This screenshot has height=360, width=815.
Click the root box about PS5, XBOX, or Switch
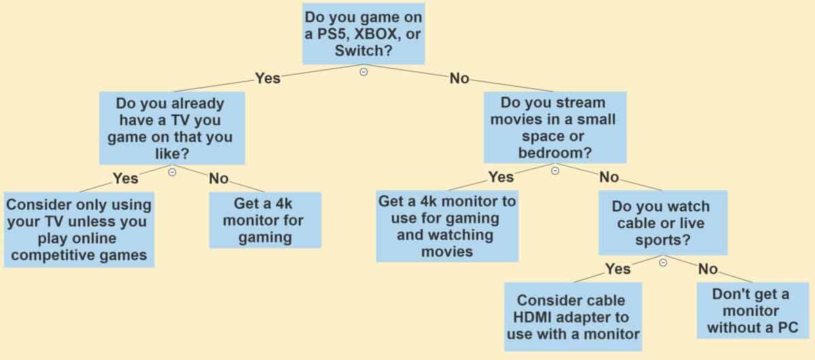coord(363,34)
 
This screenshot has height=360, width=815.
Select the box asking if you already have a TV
coord(172,128)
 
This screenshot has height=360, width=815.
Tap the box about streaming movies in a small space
coord(555,128)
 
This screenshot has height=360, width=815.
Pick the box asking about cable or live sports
coord(663,223)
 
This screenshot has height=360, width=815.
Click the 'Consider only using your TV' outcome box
coord(79,230)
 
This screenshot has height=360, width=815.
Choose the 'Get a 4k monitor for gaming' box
coord(266,220)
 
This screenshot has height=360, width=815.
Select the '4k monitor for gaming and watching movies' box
coord(447,226)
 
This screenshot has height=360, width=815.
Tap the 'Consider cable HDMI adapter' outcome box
coord(573,317)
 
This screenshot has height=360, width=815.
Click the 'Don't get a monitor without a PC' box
coord(753,310)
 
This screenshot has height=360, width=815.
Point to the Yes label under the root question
coord(268,78)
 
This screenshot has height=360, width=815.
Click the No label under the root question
coord(459,78)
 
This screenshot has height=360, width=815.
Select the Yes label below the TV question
coord(126,179)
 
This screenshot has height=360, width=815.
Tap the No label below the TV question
coord(219,179)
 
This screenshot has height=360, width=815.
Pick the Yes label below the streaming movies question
coord(501,177)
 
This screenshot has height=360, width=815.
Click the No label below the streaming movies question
coord(609,177)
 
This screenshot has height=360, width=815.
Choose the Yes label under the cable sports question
coord(618,269)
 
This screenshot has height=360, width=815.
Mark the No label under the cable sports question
coord(708,269)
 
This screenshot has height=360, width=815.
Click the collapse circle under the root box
coord(363,72)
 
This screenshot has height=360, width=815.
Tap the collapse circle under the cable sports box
coord(663,262)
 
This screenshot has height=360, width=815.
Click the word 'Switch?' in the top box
coord(363,50)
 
